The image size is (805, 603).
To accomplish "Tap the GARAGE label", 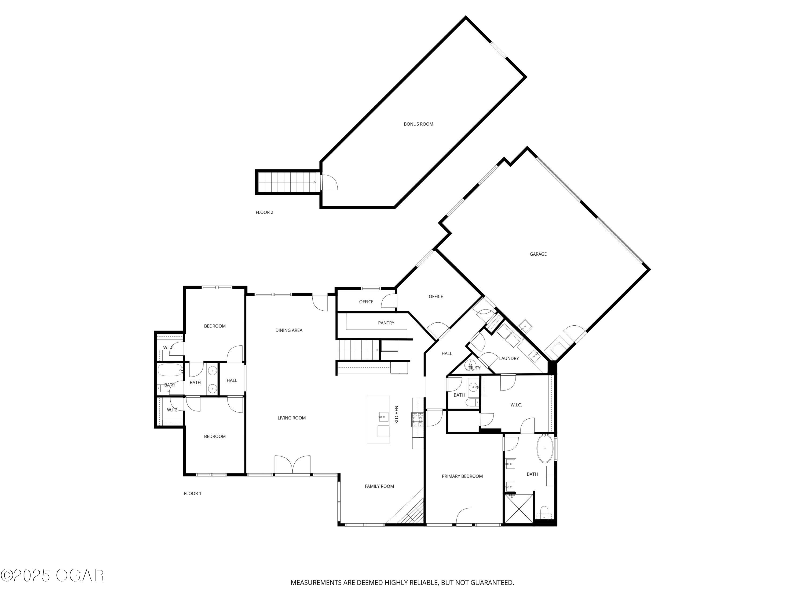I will (538, 254).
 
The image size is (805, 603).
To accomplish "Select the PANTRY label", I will (386, 323).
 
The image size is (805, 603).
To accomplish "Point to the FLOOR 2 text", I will (264, 212).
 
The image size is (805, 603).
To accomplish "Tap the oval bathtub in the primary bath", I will (544, 448).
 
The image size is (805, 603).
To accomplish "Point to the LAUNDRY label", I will (509, 358).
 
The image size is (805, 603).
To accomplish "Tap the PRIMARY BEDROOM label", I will (462, 476).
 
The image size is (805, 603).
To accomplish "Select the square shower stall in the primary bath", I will (518, 508).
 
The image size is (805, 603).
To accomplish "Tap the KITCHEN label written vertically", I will (397, 414).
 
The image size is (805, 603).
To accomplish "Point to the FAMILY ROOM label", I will (379, 486).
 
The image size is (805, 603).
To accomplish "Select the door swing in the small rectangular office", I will (389, 301).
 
